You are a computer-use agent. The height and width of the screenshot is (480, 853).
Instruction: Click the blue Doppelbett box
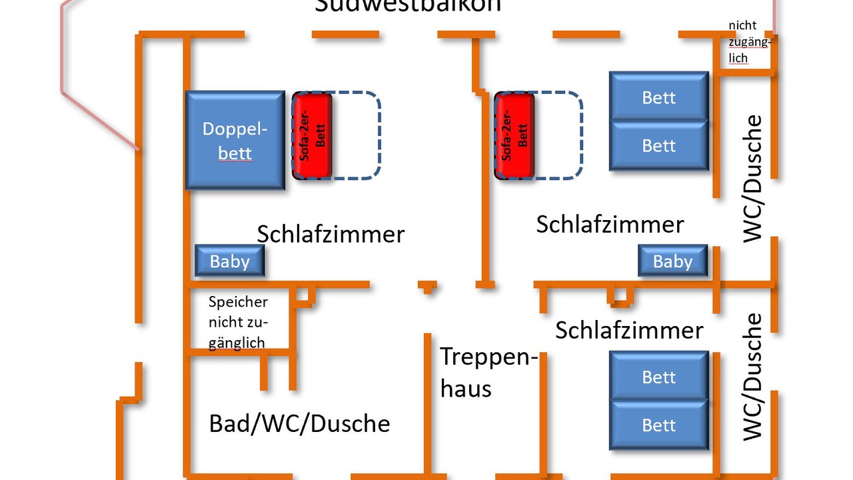point(235,140)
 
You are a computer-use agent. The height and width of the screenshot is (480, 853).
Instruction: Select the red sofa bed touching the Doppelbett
point(313,136)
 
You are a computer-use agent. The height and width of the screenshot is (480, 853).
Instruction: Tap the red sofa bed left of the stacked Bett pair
point(514,136)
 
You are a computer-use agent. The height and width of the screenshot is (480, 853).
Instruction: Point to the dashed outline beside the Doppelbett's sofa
point(357,136)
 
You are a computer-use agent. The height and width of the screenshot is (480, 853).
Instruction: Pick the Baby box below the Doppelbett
point(230,261)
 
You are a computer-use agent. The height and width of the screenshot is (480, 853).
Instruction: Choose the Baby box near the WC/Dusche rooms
point(672,261)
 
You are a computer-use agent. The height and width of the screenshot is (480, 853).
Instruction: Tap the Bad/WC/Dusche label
point(299,423)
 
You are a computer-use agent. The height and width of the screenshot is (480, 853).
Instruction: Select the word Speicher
point(238,301)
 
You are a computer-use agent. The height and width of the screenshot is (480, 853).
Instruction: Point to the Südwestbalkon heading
point(408,6)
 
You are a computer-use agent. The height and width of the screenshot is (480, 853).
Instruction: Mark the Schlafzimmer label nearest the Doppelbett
point(331,234)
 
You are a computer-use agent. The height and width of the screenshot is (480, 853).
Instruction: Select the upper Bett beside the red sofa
point(658,97)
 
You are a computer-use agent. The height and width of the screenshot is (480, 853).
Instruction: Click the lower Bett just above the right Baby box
point(658,145)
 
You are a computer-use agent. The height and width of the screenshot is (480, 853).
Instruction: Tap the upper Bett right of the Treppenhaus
point(658,377)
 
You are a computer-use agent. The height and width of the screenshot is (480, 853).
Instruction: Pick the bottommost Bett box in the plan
point(658,425)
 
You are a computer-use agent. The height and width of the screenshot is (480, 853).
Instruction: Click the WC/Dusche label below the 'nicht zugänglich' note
point(752,179)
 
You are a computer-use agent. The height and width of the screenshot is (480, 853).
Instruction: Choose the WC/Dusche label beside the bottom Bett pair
point(752,377)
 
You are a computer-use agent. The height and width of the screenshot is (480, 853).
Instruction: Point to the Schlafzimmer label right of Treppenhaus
point(629,330)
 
